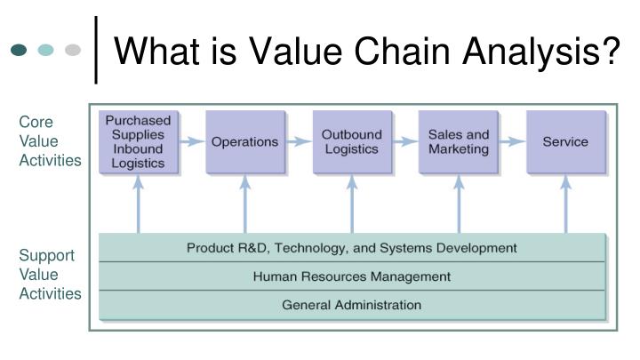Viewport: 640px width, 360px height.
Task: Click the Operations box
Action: pyautogui.click(x=244, y=141)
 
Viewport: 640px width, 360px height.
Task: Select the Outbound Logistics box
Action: pyautogui.click(x=351, y=141)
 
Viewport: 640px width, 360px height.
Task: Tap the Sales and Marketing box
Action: pyautogui.click(x=458, y=141)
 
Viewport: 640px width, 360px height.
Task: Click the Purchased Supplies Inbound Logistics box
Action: pyautogui.click(x=138, y=141)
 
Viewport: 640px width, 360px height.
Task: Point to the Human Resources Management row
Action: pyautogui.click(x=351, y=276)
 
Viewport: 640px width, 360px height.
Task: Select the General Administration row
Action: pyautogui.click(x=351, y=305)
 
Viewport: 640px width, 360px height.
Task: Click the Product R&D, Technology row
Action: pyautogui.click(x=351, y=247)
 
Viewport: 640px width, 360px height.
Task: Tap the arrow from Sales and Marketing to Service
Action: pyautogui.click(x=511, y=141)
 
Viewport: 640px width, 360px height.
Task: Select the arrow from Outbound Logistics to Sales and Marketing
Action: pyautogui.click(x=404, y=141)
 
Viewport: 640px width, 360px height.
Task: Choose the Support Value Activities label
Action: pyautogui.click(x=50, y=275)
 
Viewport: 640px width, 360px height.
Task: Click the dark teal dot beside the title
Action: pyautogui.click(x=20, y=50)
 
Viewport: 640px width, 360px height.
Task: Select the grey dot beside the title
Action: pyautogui.click(x=73, y=50)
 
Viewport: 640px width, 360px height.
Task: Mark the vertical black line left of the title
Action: pyautogui.click(x=96, y=50)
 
